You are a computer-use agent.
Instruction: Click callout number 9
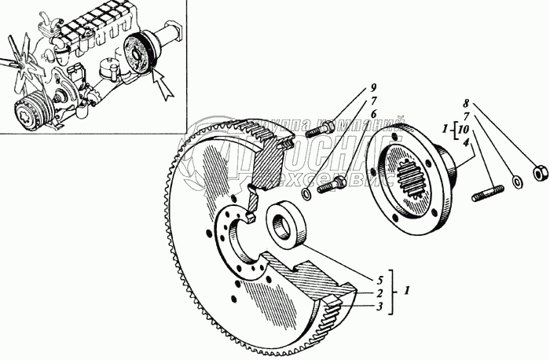(x=373, y=87)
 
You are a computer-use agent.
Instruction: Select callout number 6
(x=373, y=114)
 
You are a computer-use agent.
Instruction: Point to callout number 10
(x=465, y=129)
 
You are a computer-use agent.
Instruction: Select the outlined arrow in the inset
(x=163, y=85)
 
